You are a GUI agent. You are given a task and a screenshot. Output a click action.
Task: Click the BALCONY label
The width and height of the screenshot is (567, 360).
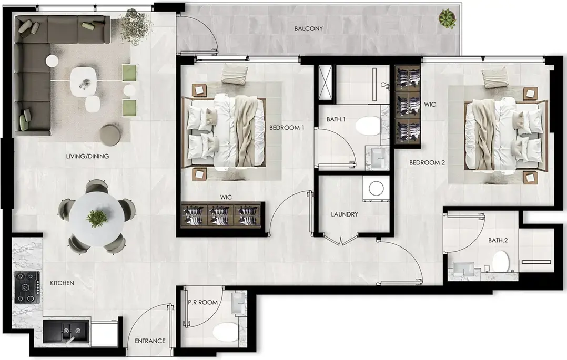308,28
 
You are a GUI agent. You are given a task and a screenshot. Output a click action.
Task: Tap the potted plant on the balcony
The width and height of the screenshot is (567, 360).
448,19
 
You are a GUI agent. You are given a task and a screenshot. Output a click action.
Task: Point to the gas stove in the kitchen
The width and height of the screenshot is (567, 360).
25,287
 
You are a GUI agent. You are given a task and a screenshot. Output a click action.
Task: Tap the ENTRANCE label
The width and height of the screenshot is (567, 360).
150,341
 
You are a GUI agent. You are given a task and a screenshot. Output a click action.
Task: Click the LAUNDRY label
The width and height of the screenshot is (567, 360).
345,214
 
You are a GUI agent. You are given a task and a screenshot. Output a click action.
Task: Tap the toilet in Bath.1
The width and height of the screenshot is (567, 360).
368,126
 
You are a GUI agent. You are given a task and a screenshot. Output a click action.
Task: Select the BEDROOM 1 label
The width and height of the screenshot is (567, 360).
287,127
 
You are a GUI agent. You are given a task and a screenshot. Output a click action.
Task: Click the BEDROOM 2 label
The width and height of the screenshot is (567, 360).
427,163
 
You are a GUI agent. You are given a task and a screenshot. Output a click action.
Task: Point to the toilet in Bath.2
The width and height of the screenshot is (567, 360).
501,261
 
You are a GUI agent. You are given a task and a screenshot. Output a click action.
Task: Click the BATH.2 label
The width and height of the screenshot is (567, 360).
499,240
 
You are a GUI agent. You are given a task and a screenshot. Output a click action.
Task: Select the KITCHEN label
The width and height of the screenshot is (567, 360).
62,283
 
